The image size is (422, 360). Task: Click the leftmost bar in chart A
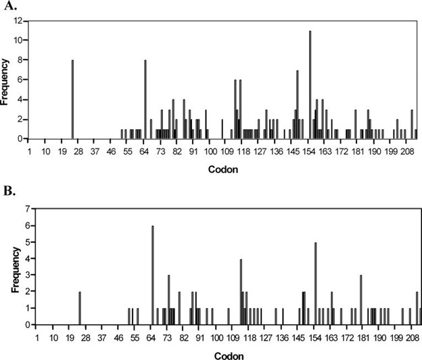72,99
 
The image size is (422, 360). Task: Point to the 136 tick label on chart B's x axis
283,337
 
